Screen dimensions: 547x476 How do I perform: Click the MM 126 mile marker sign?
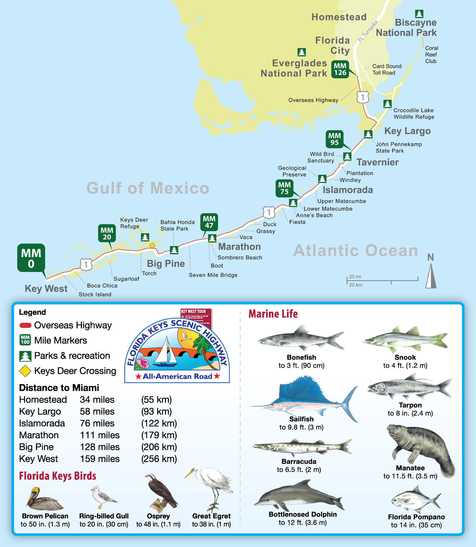point(340,69)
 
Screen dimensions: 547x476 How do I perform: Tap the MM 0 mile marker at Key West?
point(31,258)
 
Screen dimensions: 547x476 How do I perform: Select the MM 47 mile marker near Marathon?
point(209,222)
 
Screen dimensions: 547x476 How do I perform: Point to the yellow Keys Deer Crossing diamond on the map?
point(152,245)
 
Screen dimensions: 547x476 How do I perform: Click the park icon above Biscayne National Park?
point(419,14)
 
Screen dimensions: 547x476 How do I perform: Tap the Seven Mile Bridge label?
point(213,275)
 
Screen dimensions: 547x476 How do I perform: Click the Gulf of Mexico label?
point(148,188)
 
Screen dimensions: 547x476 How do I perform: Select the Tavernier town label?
point(377,162)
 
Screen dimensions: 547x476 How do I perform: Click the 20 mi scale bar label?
point(355,277)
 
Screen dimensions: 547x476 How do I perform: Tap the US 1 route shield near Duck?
point(269,212)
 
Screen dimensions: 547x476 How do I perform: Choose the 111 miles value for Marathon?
point(100,435)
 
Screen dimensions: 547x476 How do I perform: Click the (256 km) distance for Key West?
point(159,458)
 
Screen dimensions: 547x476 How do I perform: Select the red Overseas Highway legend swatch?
point(25,325)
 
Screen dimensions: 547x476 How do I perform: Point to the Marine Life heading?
point(273,314)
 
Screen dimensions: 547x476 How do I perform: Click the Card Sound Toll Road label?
point(387,69)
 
